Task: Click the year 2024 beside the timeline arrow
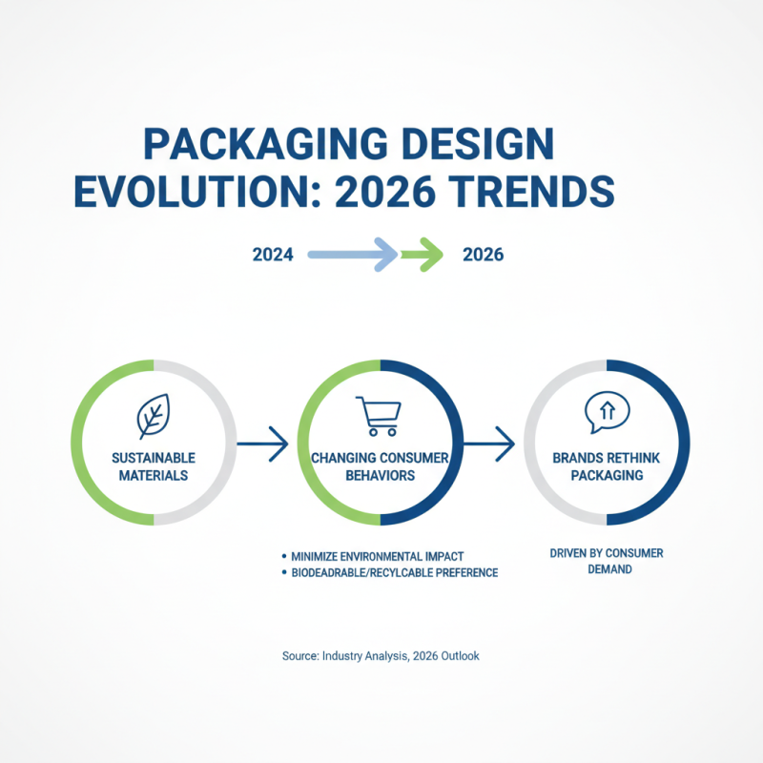[273, 255]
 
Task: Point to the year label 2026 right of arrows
[483, 255]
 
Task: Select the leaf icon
[153, 416]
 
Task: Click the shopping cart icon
[379, 416]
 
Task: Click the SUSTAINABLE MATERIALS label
[153, 466]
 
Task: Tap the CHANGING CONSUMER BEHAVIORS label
[380, 466]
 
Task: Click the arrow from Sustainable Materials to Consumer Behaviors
[262, 442]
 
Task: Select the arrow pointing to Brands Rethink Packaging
[489, 442]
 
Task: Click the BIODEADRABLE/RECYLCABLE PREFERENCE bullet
[391, 572]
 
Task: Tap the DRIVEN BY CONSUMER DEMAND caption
[606, 561]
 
